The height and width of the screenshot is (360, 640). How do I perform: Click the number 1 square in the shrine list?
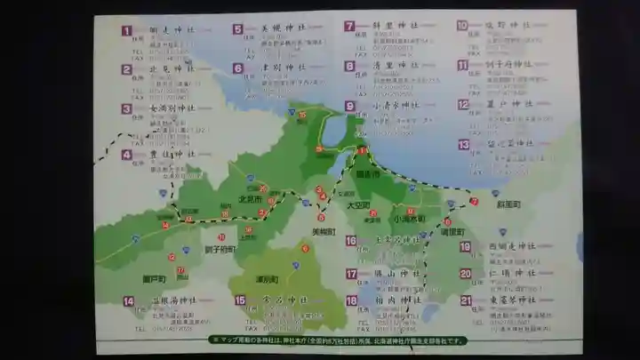pyautogui.click(x=127, y=30)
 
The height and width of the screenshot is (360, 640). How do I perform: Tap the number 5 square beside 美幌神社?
pyautogui.click(x=238, y=29)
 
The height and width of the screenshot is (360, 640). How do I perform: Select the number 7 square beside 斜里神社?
pyautogui.click(x=349, y=27)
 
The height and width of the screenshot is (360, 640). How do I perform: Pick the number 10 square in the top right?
pyautogui.click(x=463, y=26)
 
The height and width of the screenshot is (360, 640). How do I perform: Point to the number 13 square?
pyautogui.click(x=464, y=144)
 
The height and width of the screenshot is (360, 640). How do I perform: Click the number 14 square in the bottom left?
pyautogui.click(x=129, y=301)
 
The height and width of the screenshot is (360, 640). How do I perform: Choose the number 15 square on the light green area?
pyautogui.click(x=240, y=300)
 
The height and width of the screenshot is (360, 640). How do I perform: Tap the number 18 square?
pyautogui.click(x=352, y=300)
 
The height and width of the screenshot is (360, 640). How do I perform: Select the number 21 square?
pyautogui.click(x=466, y=300)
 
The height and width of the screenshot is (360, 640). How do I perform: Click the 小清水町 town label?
pyautogui.click(x=410, y=219)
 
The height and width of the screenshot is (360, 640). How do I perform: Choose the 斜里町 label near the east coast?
pyautogui.click(x=508, y=204)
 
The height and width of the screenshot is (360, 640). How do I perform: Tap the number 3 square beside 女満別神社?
pyautogui.click(x=127, y=109)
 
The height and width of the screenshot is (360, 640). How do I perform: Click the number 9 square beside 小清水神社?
pyautogui.click(x=350, y=106)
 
